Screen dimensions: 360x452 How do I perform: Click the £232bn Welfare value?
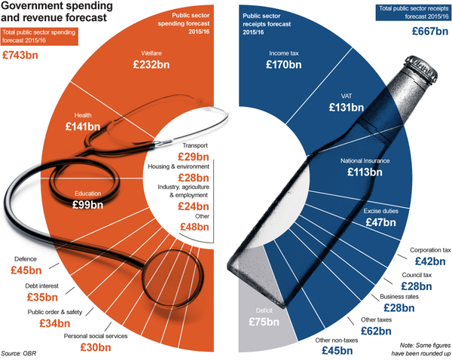[157, 66]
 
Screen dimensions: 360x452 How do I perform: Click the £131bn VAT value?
[347, 108]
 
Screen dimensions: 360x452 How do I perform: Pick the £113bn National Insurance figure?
[365, 172]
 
